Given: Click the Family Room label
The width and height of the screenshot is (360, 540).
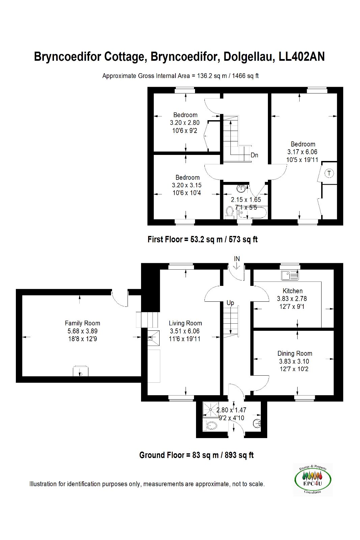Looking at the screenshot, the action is [x=82, y=323].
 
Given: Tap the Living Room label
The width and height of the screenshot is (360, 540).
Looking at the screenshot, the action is [x=185, y=323].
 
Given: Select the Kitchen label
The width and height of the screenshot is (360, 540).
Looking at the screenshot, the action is [x=293, y=291].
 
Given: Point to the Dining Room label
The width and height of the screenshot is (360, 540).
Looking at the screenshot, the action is [x=295, y=354].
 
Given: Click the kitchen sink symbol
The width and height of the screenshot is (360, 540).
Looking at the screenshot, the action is [x=290, y=275].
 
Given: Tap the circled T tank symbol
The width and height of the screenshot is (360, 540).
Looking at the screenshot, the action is [x=329, y=173].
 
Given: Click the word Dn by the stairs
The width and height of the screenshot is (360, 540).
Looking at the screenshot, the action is [x=254, y=155].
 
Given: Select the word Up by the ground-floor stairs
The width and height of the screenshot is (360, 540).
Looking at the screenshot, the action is [x=230, y=303].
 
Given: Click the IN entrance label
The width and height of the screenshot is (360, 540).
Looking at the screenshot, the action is [x=237, y=259].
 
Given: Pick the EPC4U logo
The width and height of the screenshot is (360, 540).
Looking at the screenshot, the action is [x=313, y=480].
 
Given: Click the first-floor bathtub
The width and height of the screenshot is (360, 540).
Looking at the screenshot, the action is [x=252, y=212].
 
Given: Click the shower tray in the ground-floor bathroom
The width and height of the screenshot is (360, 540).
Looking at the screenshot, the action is [x=211, y=410].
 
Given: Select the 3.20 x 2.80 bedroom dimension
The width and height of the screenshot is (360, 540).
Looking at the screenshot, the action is [x=185, y=123].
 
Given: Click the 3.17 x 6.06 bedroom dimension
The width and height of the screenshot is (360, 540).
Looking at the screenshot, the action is [x=302, y=152].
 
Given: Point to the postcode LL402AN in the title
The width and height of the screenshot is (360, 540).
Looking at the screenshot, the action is [x=301, y=57].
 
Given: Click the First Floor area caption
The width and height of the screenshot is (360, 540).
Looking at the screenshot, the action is [x=202, y=239].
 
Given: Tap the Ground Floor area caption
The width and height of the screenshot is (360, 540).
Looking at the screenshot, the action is [x=196, y=455].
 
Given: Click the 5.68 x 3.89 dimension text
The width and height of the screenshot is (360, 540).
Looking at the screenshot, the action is [x=82, y=331].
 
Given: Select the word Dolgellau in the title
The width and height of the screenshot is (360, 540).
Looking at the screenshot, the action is [x=249, y=57].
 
